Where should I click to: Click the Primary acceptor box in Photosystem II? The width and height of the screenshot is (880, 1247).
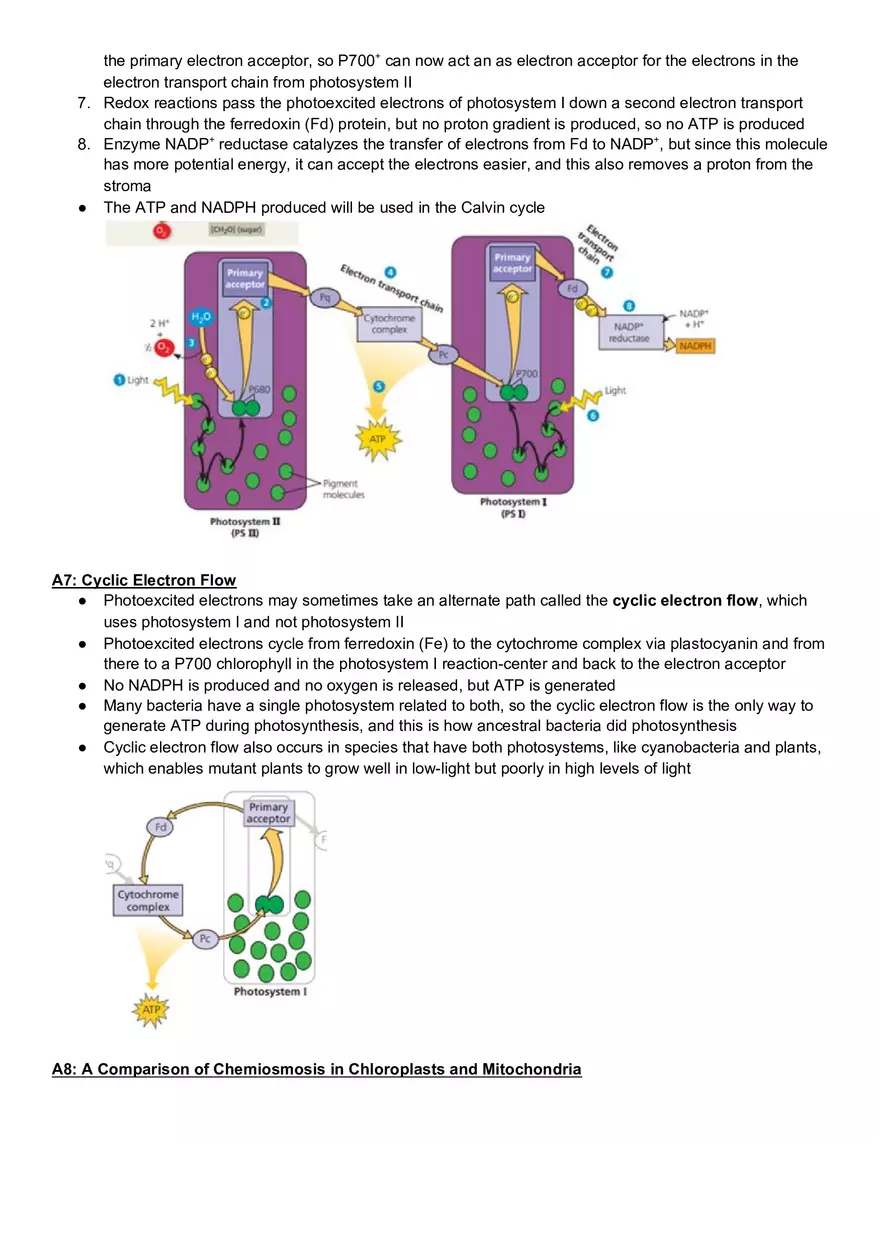point(245,278)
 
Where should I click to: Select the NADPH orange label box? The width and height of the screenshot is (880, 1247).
point(695,346)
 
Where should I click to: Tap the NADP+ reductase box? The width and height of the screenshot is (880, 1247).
point(629,332)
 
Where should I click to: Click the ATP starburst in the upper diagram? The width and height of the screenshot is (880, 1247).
point(377,438)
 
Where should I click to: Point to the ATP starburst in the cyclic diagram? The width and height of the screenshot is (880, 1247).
point(151,1010)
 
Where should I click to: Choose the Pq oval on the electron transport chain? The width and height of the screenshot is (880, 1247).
point(324,297)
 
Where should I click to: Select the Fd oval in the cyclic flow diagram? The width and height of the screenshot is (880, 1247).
point(160,827)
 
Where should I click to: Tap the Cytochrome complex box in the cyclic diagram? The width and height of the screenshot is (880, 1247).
point(148,900)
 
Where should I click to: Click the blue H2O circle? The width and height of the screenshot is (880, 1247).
point(201,317)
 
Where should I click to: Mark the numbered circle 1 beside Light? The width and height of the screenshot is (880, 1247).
point(119,380)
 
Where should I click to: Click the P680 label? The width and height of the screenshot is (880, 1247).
point(258,390)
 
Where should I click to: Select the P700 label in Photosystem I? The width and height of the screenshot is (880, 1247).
point(526,373)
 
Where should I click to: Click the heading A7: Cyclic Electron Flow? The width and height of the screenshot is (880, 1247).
point(144,580)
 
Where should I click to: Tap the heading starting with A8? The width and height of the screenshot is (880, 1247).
point(316,1069)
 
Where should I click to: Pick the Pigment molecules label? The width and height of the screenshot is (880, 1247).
point(343,488)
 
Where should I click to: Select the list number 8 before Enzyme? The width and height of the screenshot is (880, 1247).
point(83,144)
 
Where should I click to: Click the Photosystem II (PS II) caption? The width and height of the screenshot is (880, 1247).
point(245,527)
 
